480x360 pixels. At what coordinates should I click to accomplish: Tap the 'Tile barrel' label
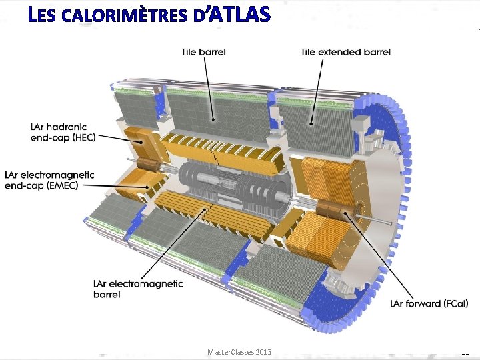pyautogui.click(x=203, y=52)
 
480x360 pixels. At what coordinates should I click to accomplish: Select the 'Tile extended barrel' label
pyautogui.click(x=345, y=52)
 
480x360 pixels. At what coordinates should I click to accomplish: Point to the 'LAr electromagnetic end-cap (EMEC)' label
pyautogui.click(x=49, y=181)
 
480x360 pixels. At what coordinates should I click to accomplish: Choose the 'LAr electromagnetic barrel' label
pyautogui.click(x=138, y=289)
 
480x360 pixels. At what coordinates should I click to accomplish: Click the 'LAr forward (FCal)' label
pyautogui.click(x=429, y=303)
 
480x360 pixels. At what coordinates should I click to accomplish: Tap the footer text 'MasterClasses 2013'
pyautogui.click(x=239, y=351)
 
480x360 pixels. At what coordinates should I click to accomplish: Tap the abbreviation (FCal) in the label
pyautogui.click(x=451, y=303)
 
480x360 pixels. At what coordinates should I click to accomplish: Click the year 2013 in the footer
pyautogui.click(x=262, y=351)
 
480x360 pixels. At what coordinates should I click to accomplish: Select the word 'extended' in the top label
pyautogui.click(x=341, y=52)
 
